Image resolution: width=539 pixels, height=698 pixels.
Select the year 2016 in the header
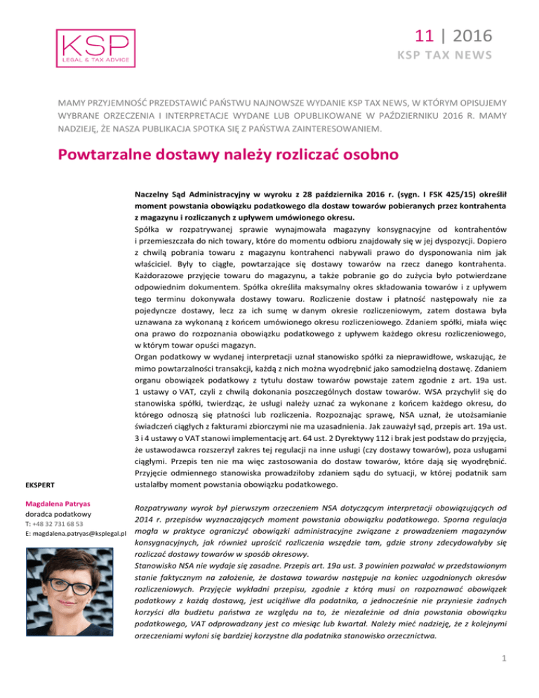click(x=472, y=34)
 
